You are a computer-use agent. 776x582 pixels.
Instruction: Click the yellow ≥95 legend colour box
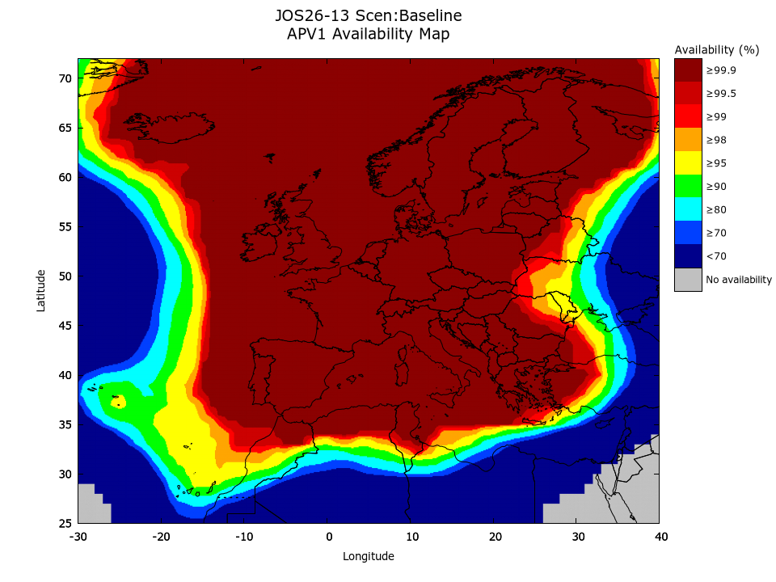coord(688,163)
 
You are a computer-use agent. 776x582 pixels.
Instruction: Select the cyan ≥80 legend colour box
coord(688,210)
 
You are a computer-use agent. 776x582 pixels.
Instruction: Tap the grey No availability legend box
coord(688,280)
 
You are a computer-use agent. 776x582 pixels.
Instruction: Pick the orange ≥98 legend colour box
coord(688,140)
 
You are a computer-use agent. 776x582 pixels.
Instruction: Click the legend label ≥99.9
coord(721,70)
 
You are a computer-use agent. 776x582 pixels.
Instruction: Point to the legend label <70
coord(715,256)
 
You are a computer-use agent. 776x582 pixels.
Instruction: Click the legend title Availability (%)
coord(717,50)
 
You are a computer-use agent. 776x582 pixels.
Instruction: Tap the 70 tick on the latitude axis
coord(65,78)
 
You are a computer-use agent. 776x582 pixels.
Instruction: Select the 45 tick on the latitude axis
coord(65,326)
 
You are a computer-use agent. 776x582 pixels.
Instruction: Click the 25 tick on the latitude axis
coord(65,523)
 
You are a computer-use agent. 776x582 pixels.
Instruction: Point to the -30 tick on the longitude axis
coord(78,536)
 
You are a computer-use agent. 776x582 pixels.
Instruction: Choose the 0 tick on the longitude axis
coord(328,536)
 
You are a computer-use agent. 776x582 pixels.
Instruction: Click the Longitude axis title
coord(369,556)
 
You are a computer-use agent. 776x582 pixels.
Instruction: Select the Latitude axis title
coord(41,291)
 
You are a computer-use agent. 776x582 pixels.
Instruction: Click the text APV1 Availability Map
coord(368,34)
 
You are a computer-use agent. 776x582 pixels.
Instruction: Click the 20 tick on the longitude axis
coord(495,536)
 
